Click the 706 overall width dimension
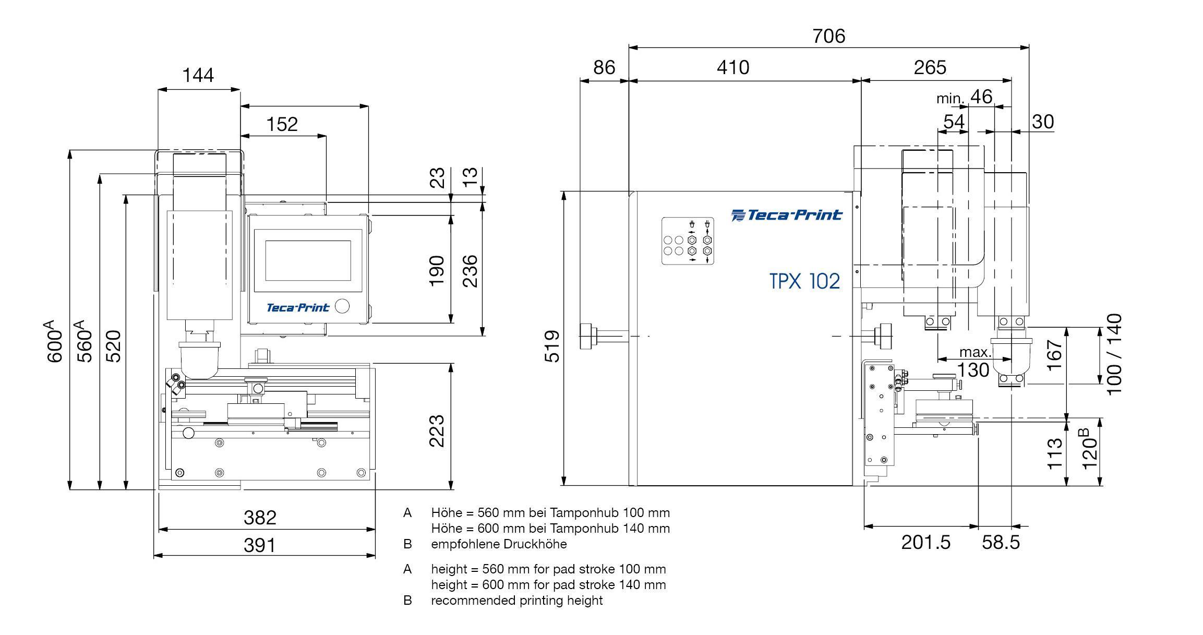pyautogui.click(x=828, y=36)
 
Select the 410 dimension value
pyautogui.click(x=733, y=67)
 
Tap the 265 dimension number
pyautogui.click(x=930, y=67)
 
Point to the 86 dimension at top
pyautogui.click(x=604, y=67)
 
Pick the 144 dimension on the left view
pyautogui.click(x=198, y=76)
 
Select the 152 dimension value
pyautogui.click(x=282, y=124)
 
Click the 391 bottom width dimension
pyautogui.click(x=259, y=545)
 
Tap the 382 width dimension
pyautogui.click(x=260, y=518)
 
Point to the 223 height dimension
pyautogui.click(x=437, y=431)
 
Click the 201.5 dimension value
pyautogui.click(x=926, y=543)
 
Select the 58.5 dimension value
pyautogui.click(x=1001, y=543)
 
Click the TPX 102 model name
pyautogui.click(x=804, y=281)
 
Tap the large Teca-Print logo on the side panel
pyautogui.click(x=787, y=215)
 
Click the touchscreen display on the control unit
pyautogui.click(x=308, y=261)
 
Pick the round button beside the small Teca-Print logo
pyautogui.click(x=342, y=306)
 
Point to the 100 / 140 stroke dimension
pyautogui.click(x=1113, y=355)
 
